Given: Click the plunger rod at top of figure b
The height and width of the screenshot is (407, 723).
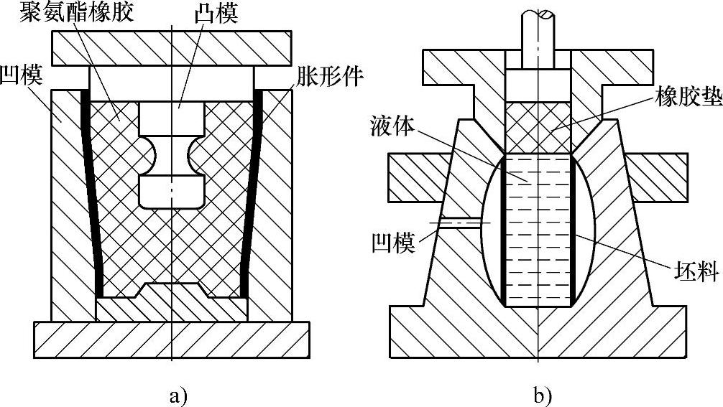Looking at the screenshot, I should [538, 29].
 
